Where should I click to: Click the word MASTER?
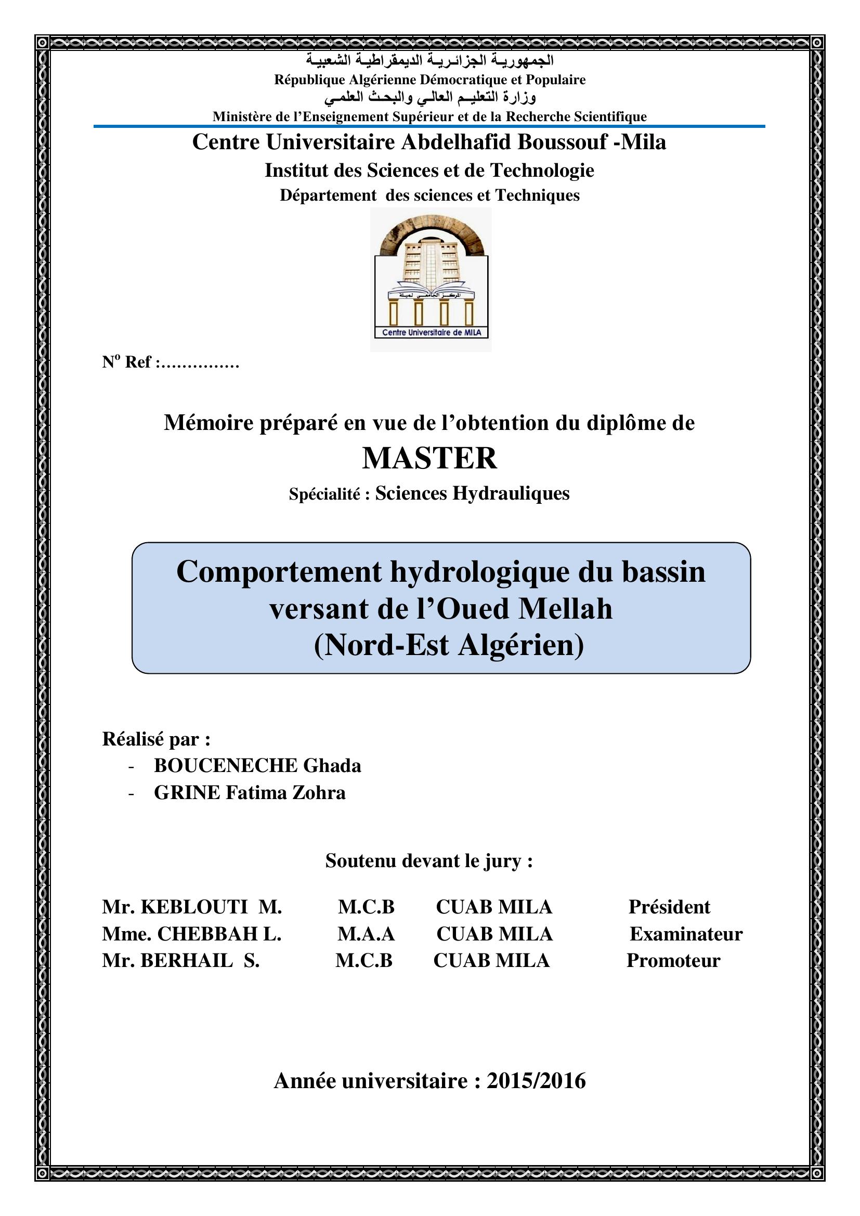[429, 459]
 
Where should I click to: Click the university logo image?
[431, 279]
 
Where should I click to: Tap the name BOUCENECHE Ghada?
[257, 766]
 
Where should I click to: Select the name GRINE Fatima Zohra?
[250, 793]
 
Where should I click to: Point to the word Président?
[669, 907]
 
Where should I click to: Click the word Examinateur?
[686, 934]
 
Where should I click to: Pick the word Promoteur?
[673, 961]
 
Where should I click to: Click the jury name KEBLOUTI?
[194, 907]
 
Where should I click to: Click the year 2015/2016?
[536, 1081]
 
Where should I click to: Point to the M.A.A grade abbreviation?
[366, 934]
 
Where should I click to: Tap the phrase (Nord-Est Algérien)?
[449, 646]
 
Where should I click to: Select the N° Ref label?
[127, 362]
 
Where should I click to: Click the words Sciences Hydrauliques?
[472, 493]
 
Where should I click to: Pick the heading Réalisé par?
[156, 739]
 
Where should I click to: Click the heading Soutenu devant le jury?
[429, 861]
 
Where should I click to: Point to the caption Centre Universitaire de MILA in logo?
[432, 333]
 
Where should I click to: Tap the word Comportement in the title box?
[279, 572]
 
